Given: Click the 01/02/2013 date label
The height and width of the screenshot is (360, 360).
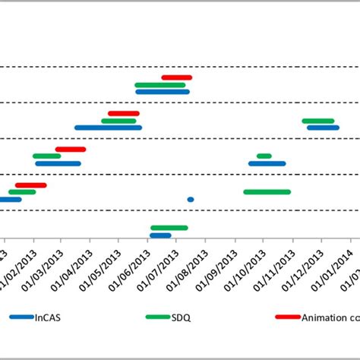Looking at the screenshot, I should [x=20, y=267].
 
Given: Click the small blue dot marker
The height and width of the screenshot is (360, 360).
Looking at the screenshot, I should [x=191, y=200].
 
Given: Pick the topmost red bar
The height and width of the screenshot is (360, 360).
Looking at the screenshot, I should [x=177, y=77].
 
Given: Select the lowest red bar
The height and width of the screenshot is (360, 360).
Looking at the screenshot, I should [x=31, y=185].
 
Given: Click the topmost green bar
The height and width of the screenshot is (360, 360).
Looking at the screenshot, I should [x=160, y=85].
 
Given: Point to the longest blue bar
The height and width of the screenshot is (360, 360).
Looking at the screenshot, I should [x=108, y=128].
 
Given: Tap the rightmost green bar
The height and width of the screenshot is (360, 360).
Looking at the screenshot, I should [x=318, y=121].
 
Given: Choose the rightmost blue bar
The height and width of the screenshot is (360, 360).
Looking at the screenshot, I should [x=324, y=128].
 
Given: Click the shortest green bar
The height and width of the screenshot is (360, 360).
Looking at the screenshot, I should [x=264, y=156].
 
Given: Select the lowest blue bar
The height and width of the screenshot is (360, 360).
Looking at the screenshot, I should [x=160, y=235].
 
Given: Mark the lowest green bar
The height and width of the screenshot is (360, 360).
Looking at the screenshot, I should [x=169, y=228].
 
